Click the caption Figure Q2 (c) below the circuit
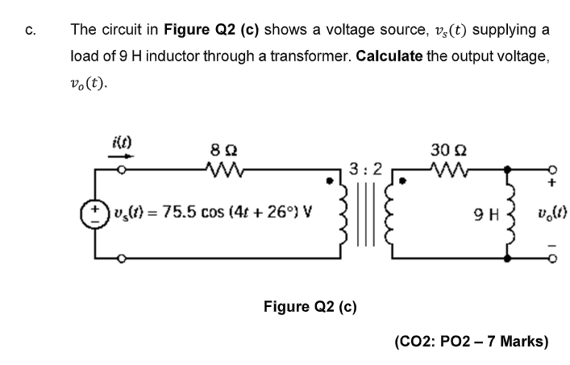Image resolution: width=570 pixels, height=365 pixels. pyautogui.click(x=310, y=307)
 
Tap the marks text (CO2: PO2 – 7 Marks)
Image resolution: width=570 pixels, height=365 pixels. pyautogui.click(x=472, y=342)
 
